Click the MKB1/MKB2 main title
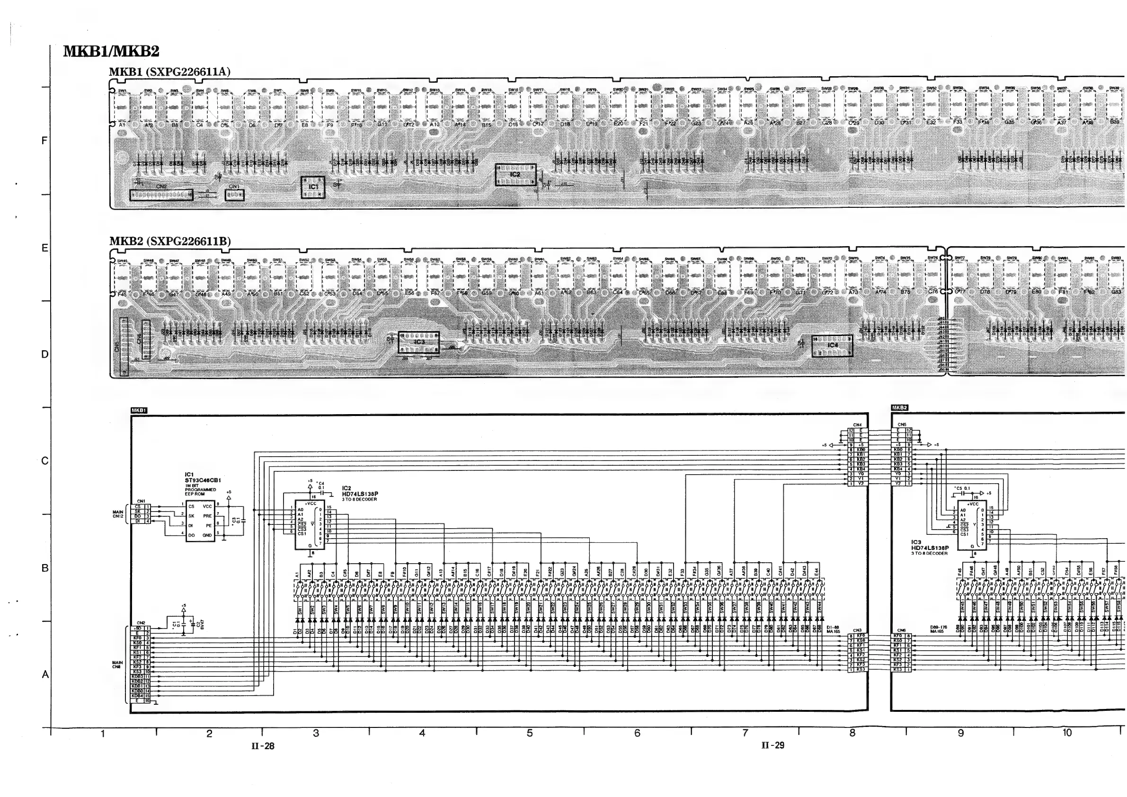[111, 52]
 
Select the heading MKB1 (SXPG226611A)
[169, 71]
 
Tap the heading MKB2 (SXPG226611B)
[170, 241]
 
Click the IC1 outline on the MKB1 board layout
[313, 187]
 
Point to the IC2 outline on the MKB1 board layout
[515, 175]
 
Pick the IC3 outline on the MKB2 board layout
[419, 342]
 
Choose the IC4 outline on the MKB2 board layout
[832, 345]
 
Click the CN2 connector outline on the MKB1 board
[161, 195]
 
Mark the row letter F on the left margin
[44, 142]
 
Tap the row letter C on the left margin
[44, 461]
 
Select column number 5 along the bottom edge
[530, 733]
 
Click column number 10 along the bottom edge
[1067, 733]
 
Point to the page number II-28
[263, 746]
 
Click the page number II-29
[772, 745]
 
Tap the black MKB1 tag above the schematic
[139, 410]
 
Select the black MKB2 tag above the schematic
[899, 407]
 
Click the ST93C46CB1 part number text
[203, 480]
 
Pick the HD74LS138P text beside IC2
[360, 494]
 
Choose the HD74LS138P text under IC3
[930, 548]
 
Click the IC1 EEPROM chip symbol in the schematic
[200, 520]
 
